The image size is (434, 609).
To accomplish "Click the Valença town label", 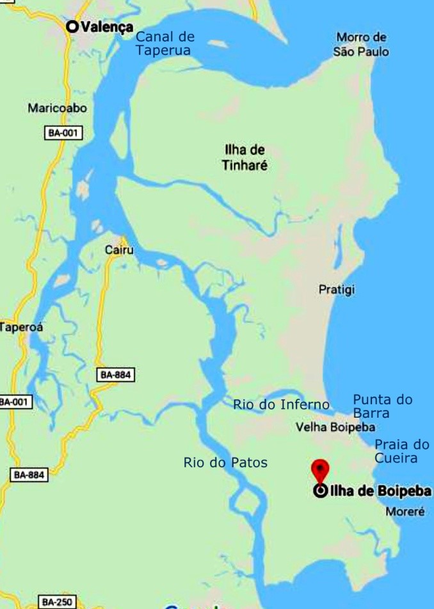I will click(107, 27).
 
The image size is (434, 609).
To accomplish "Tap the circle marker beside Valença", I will click(72, 26).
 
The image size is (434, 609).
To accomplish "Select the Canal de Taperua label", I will click(165, 43).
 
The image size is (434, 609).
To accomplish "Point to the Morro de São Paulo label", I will click(361, 44).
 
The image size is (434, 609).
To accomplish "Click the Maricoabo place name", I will click(57, 108).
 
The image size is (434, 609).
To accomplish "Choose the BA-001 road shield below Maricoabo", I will click(64, 133).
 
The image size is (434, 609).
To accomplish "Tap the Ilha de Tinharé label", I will click(245, 157).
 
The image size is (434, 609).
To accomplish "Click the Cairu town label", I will click(119, 250).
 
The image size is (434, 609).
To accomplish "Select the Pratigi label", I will click(337, 290).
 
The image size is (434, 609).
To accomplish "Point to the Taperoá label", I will click(22, 327).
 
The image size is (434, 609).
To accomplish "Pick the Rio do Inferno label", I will click(281, 404).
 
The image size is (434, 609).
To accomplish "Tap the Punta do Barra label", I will click(383, 406).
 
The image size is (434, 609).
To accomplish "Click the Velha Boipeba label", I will click(335, 427).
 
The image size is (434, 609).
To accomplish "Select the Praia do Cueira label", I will click(401, 451).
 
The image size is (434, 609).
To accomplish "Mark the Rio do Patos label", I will click(225, 463).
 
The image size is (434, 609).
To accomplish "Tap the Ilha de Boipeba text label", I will click(381, 491).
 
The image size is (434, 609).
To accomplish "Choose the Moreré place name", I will click(405, 512).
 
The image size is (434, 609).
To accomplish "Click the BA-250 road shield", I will click(58, 602).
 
